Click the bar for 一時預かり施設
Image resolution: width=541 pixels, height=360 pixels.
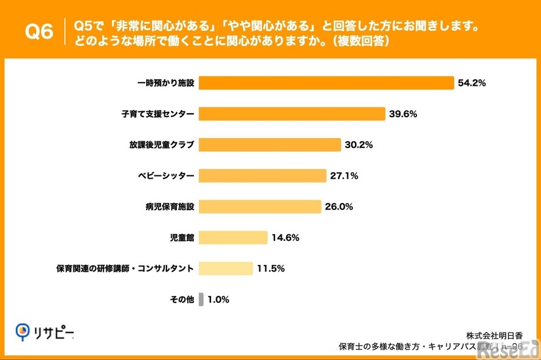(x=326, y=83)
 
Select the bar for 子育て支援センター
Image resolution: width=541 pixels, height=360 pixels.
(x=292, y=114)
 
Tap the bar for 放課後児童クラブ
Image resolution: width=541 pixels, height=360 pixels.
(x=270, y=145)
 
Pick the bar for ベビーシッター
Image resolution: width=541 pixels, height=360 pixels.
(x=263, y=175)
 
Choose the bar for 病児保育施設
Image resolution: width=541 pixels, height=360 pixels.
(x=260, y=207)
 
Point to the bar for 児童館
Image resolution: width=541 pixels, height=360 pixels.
(x=233, y=238)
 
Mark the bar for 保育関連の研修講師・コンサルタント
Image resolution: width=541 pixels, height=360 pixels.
(x=226, y=268)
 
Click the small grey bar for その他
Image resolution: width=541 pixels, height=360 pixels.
(x=201, y=299)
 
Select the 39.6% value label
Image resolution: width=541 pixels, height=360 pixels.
(x=403, y=114)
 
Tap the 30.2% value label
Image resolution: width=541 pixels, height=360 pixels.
(x=359, y=145)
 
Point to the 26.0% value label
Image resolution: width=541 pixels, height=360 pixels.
(x=339, y=207)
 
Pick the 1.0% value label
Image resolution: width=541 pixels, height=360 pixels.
(x=219, y=299)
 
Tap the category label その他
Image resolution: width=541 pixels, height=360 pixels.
(x=181, y=299)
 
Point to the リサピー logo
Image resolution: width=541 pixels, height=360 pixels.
(x=45, y=333)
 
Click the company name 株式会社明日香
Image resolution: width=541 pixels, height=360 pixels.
(x=494, y=334)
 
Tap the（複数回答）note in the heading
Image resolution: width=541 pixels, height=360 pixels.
(x=360, y=41)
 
